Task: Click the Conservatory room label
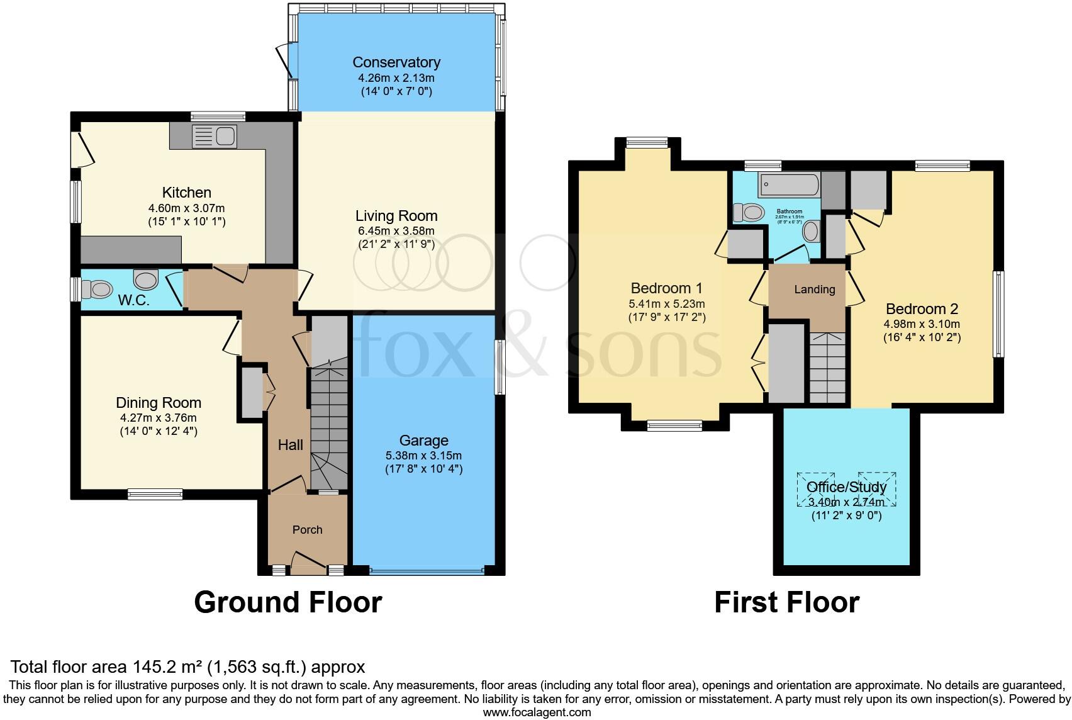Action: pos(396,62)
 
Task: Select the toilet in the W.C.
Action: pos(98,290)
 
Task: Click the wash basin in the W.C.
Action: pos(146,278)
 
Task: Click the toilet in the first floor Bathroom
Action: pos(749,213)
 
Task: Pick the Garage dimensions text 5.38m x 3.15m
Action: pos(423,455)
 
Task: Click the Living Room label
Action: pos(396,216)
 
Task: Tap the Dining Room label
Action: pos(159,403)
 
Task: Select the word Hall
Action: pos(291,445)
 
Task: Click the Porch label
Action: pos(307,530)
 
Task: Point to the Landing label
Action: pos(815,290)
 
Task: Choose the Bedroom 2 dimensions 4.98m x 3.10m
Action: pos(922,324)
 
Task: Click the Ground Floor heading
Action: pos(288,602)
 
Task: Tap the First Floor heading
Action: pos(786,602)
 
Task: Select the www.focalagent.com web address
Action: pos(537,712)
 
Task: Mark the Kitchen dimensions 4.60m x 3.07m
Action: pos(186,208)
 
